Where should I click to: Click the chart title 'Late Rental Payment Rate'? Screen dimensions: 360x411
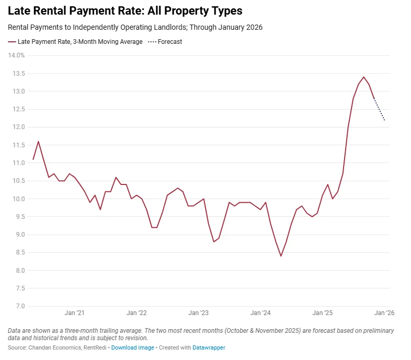[125, 10]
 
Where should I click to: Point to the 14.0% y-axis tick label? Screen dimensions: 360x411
[16, 55]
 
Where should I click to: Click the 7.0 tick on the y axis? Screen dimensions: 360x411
[19, 306]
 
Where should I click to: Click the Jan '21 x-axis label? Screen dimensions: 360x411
[74, 313]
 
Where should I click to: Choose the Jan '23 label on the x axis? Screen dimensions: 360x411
[198, 313]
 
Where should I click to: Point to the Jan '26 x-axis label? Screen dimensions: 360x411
[384, 313]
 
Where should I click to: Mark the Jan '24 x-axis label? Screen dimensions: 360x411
[260, 313]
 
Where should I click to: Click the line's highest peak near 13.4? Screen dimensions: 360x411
[363, 77]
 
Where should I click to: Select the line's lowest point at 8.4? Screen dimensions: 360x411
[281, 256]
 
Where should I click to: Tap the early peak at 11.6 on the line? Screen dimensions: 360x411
[38, 141]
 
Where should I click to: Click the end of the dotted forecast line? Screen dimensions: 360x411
[384, 120]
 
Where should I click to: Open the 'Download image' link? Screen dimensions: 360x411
[132, 347]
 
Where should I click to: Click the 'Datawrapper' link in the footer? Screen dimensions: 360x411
[210, 347]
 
